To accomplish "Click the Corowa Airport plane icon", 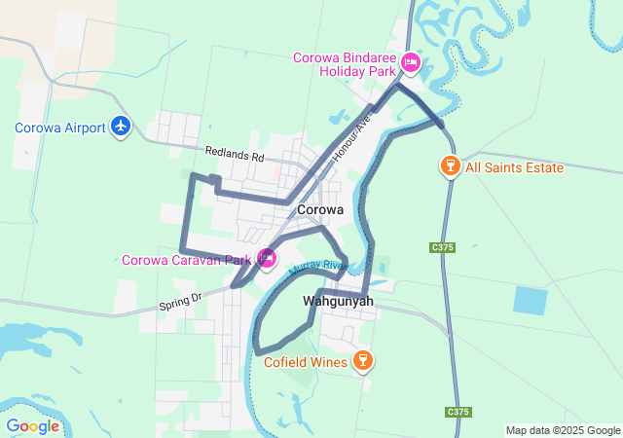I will [121, 127].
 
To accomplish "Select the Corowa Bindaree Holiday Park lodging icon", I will [411, 64].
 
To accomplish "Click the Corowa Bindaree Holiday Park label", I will [345, 64].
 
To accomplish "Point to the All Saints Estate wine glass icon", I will [449, 167].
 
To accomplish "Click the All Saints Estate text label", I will [514, 167].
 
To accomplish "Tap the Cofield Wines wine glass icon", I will [363, 362].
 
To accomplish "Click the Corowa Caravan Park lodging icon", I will [266, 259].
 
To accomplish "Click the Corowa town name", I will [320, 209].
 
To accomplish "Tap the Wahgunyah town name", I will [338, 301].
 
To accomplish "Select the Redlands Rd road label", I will [235, 155].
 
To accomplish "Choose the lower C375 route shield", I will [458, 412].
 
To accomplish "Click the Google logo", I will [32, 426].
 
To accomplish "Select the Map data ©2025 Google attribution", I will [563, 430].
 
